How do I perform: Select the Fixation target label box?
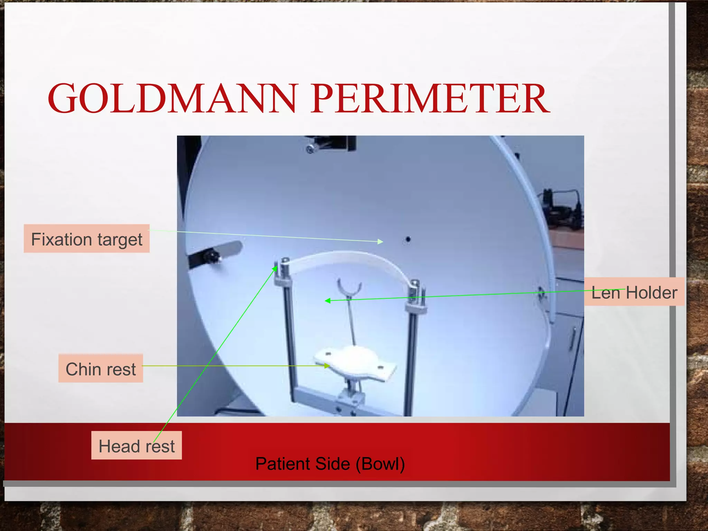[x=86, y=239]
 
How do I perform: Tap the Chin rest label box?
[x=101, y=369]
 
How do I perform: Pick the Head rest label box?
[x=137, y=446]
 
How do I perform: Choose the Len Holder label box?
[x=634, y=292]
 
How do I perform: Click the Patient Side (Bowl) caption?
[x=330, y=464]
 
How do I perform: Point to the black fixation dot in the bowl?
[x=408, y=239]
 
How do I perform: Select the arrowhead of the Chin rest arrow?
[x=327, y=366]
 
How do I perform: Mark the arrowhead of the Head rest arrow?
[x=276, y=268]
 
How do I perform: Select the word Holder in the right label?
[x=651, y=292]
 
